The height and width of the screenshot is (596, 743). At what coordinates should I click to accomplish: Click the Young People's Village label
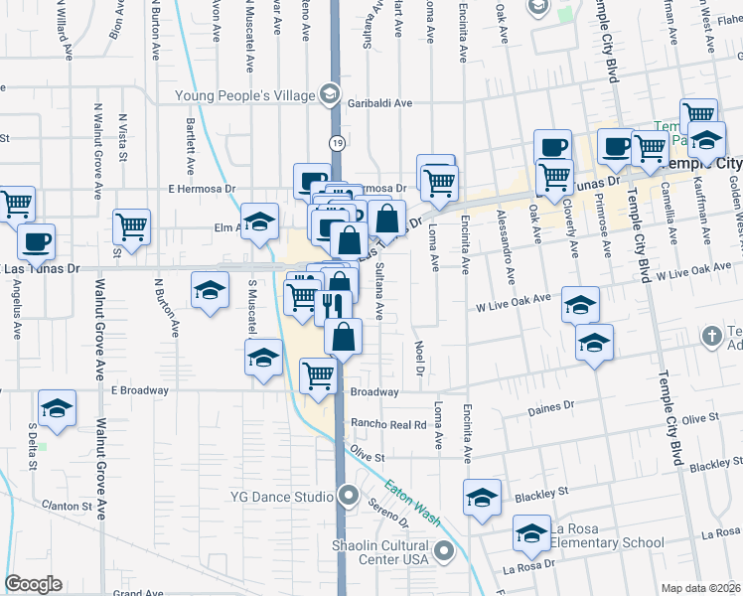pos(245,95)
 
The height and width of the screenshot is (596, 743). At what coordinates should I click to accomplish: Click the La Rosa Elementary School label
pos(607,535)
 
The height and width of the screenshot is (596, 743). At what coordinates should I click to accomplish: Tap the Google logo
pos(33,584)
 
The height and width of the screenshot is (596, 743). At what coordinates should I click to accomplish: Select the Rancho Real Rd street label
pos(387,424)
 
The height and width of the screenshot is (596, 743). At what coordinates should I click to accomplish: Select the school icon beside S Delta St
pos(57,408)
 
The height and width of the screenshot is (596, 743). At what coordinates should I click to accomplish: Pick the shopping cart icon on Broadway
pos(318,375)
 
